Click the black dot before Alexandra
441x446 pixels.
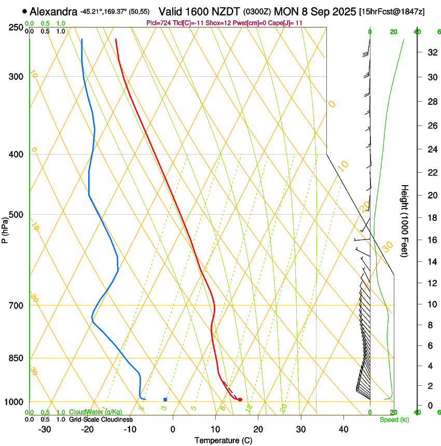pyautogui.click(x=25, y=11)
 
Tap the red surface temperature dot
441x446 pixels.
pyautogui.click(x=240, y=399)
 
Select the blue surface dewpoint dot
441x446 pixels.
pyautogui.click(x=165, y=399)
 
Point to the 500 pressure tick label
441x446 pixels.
pyautogui.click(x=16, y=215)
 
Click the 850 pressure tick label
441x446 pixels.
pyautogui.click(x=16, y=358)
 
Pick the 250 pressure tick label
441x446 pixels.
pyautogui.click(x=16, y=27)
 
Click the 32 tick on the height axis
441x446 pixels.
pyautogui.click(x=431, y=52)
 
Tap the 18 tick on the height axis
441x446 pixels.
pyautogui.click(x=431, y=218)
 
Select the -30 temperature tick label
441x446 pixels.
pyautogui.click(x=45, y=429)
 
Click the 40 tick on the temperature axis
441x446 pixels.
pyautogui.click(x=343, y=429)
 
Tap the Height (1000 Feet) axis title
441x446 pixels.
pyautogui.click(x=405, y=220)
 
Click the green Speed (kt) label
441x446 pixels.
pyautogui.click(x=394, y=420)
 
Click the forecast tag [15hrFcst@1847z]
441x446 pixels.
pyautogui.click(x=391, y=11)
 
